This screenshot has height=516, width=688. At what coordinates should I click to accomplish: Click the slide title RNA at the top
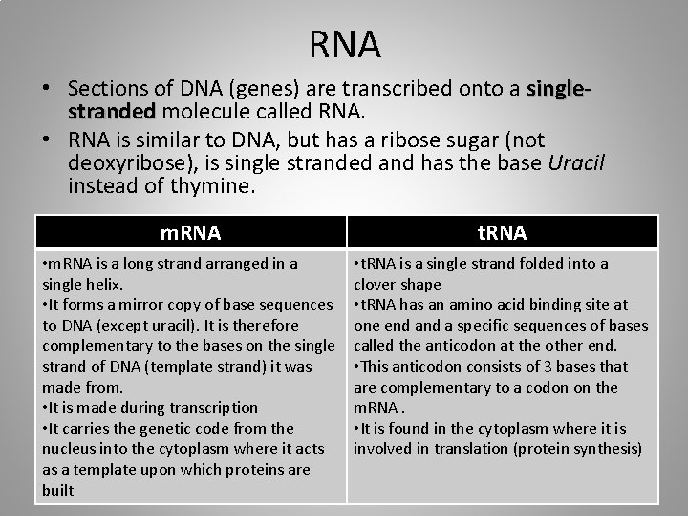pyautogui.click(x=345, y=43)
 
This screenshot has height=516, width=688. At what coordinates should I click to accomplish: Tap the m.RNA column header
pyautogui.click(x=190, y=232)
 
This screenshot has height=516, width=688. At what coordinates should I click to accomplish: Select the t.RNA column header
pyautogui.click(x=502, y=232)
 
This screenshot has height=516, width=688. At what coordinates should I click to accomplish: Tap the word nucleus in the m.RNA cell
pyautogui.click(x=68, y=448)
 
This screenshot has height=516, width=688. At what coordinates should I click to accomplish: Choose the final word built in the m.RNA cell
pyautogui.click(x=57, y=489)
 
